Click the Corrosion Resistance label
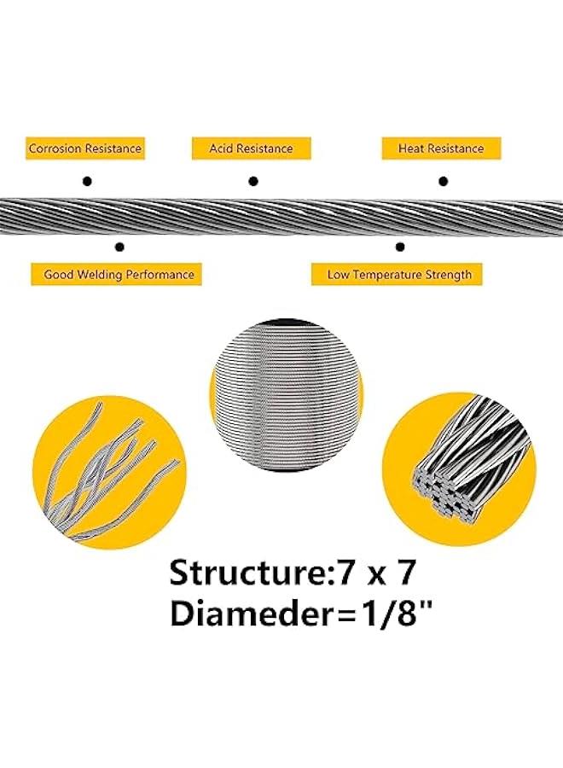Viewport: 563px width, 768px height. (x=84, y=148)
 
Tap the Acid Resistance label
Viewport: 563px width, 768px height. (x=251, y=148)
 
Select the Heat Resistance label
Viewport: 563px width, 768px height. (x=440, y=148)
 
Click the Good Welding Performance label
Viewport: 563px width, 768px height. (x=119, y=275)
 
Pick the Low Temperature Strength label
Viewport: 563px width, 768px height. (x=399, y=275)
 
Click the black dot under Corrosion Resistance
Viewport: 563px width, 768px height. (x=85, y=181)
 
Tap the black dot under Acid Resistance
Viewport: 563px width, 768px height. (x=252, y=181)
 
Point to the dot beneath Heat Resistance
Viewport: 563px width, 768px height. (x=443, y=181)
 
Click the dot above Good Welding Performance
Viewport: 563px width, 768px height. (x=119, y=247)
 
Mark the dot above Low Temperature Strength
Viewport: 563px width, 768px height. (x=399, y=247)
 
